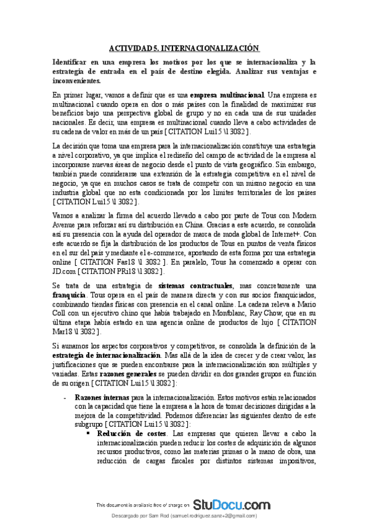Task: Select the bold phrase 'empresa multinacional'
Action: point(227,96)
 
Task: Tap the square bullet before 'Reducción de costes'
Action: point(89,434)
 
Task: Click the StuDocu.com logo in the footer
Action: point(231,504)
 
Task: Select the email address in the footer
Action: point(214,515)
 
